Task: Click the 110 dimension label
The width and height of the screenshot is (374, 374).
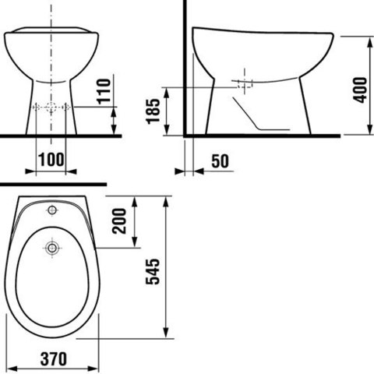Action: pos(104,91)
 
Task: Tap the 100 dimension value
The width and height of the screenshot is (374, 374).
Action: pos(51,160)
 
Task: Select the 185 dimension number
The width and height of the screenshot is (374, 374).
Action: pos(153,111)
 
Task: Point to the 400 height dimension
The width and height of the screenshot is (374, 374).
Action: pos(361,90)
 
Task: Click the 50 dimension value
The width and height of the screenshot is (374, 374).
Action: pos(221,161)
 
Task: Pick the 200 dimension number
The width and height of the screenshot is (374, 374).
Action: pos(119,221)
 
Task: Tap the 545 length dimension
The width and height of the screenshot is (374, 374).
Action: pos(153,272)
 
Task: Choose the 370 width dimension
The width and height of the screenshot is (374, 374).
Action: pos(54,359)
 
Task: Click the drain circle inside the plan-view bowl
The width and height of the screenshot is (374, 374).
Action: pos(52,248)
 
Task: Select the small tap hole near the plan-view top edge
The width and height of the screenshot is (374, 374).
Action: pos(52,210)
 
